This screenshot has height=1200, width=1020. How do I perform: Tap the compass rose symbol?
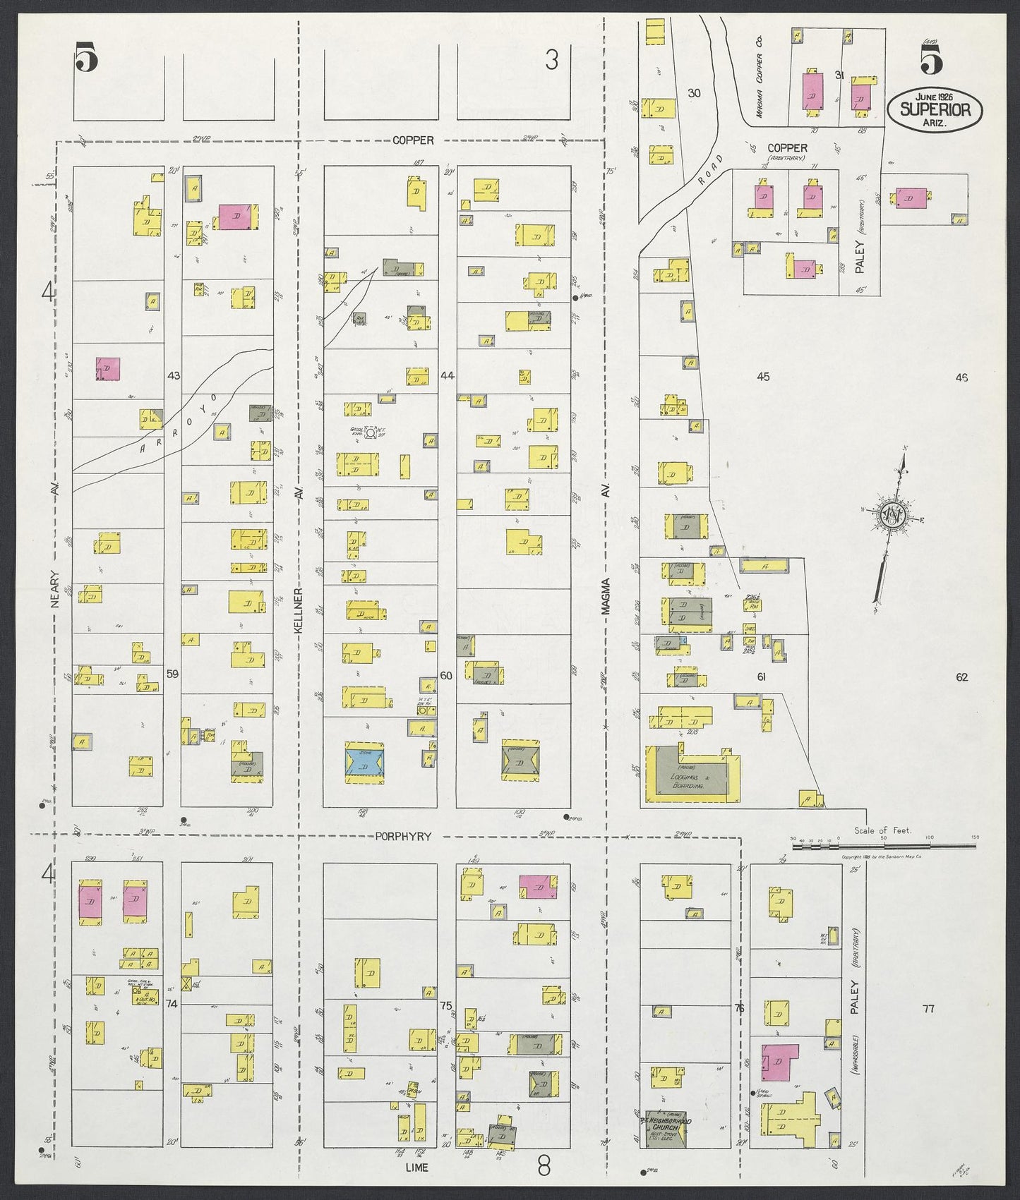894,514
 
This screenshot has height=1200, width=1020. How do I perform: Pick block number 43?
174,376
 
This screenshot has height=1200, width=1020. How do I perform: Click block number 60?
446,676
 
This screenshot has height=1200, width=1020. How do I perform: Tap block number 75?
445,1005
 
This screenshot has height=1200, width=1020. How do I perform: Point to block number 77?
928,1010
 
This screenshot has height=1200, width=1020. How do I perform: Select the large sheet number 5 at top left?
85,58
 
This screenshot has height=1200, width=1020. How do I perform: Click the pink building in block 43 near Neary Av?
108,369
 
